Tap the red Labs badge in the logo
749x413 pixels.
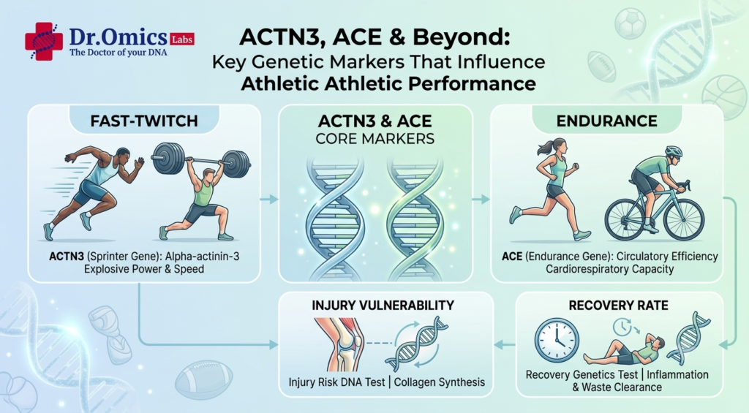pos(182,39)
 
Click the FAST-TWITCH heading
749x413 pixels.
pos(144,121)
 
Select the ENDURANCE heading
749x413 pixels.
pos(606,121)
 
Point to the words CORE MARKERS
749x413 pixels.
pos(375,139)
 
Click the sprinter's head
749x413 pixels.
pos(122,156)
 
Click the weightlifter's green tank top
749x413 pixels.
pos(203,193)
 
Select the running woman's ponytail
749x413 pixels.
pos(544,148)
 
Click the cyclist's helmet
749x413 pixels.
pos(673,151)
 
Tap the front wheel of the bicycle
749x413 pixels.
pos(684,219)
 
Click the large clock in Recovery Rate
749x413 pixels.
pos(557,341)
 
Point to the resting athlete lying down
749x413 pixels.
pos(624,350)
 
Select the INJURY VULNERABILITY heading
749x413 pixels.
pos(383,306)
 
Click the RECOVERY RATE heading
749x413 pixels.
pos(619,306)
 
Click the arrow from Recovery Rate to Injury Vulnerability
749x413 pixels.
pos(505,344)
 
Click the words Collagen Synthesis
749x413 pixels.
pos(440,382)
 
